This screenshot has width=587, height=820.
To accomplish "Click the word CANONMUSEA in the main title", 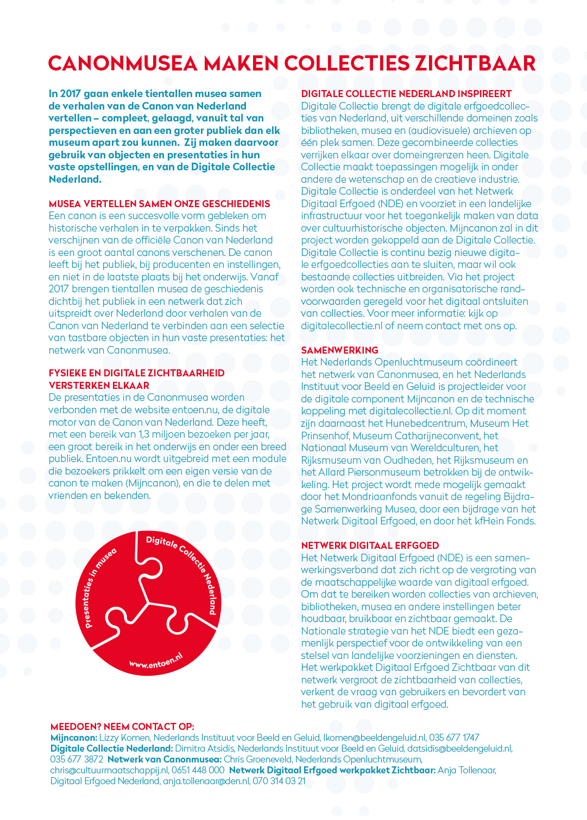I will point(123,63).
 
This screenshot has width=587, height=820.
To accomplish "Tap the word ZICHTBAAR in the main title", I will point(475,63).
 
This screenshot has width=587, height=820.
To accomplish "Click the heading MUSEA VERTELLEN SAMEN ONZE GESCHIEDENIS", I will point(159,204).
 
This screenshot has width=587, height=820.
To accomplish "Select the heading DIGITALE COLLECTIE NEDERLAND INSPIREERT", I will point(406,94).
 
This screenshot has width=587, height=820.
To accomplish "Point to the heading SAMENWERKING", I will point(339,350).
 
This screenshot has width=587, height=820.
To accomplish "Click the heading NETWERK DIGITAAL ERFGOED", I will point(370,546).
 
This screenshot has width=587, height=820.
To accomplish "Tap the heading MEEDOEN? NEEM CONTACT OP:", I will point(122,727).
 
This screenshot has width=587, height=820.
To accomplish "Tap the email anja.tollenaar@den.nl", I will point(206,781).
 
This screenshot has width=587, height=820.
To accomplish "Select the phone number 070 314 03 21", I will point(279,781).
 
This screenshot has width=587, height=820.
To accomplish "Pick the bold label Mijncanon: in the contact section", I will point(74,738).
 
